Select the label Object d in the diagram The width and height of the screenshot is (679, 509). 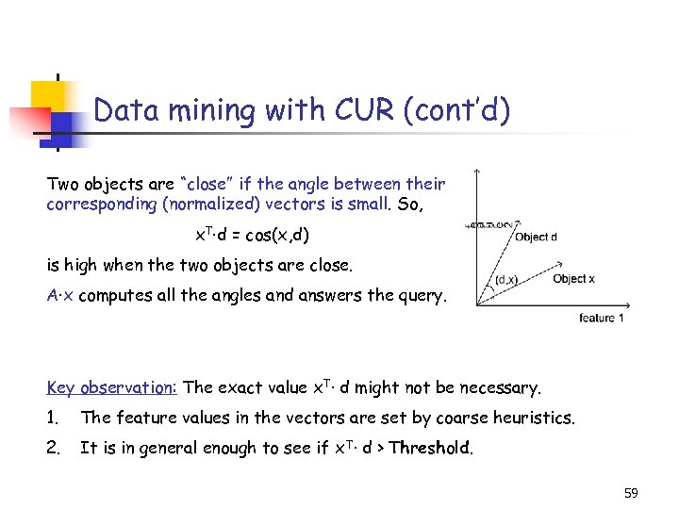[536, 237]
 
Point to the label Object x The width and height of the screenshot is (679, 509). [573, 278]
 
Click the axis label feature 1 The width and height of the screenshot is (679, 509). [602, 319]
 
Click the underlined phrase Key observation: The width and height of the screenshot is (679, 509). [112, 387]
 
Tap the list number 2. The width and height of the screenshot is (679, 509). [53, 448]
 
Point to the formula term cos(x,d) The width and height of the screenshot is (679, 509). [273, 233]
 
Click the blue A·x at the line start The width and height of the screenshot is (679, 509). [60, 294]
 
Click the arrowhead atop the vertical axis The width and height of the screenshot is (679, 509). [477, 173]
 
